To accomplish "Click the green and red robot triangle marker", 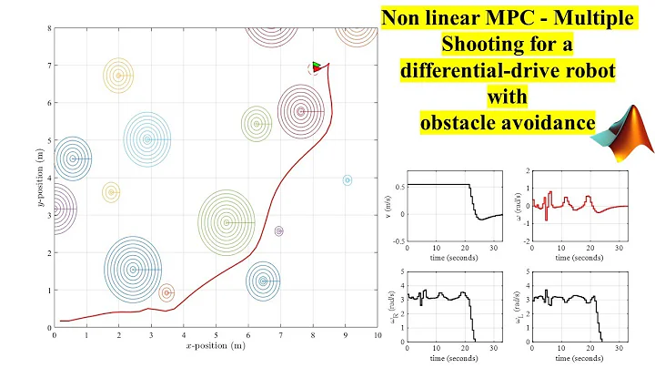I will pyautogui.click(x=316, y=66).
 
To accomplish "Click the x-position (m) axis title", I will pyautogui.click(x=216, y=346).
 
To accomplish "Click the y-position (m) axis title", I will pyautogui.click(x=35, y=177).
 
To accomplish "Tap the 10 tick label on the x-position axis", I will pyautogui.click(x=377, y=335).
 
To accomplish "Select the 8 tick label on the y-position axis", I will pyautogui.click(x=46, y=28).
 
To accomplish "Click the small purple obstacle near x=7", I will pyautogui.click(x=278, y=231).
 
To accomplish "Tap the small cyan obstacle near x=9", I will pyautogui.click(x=347, y=180).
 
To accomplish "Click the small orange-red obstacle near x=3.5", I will pyautogui.click(x=166, y=292).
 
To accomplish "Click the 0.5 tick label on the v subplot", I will pyautogui.click(x=398, y=185).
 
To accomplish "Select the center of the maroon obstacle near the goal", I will pyautogui.click(x=301, y=112).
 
